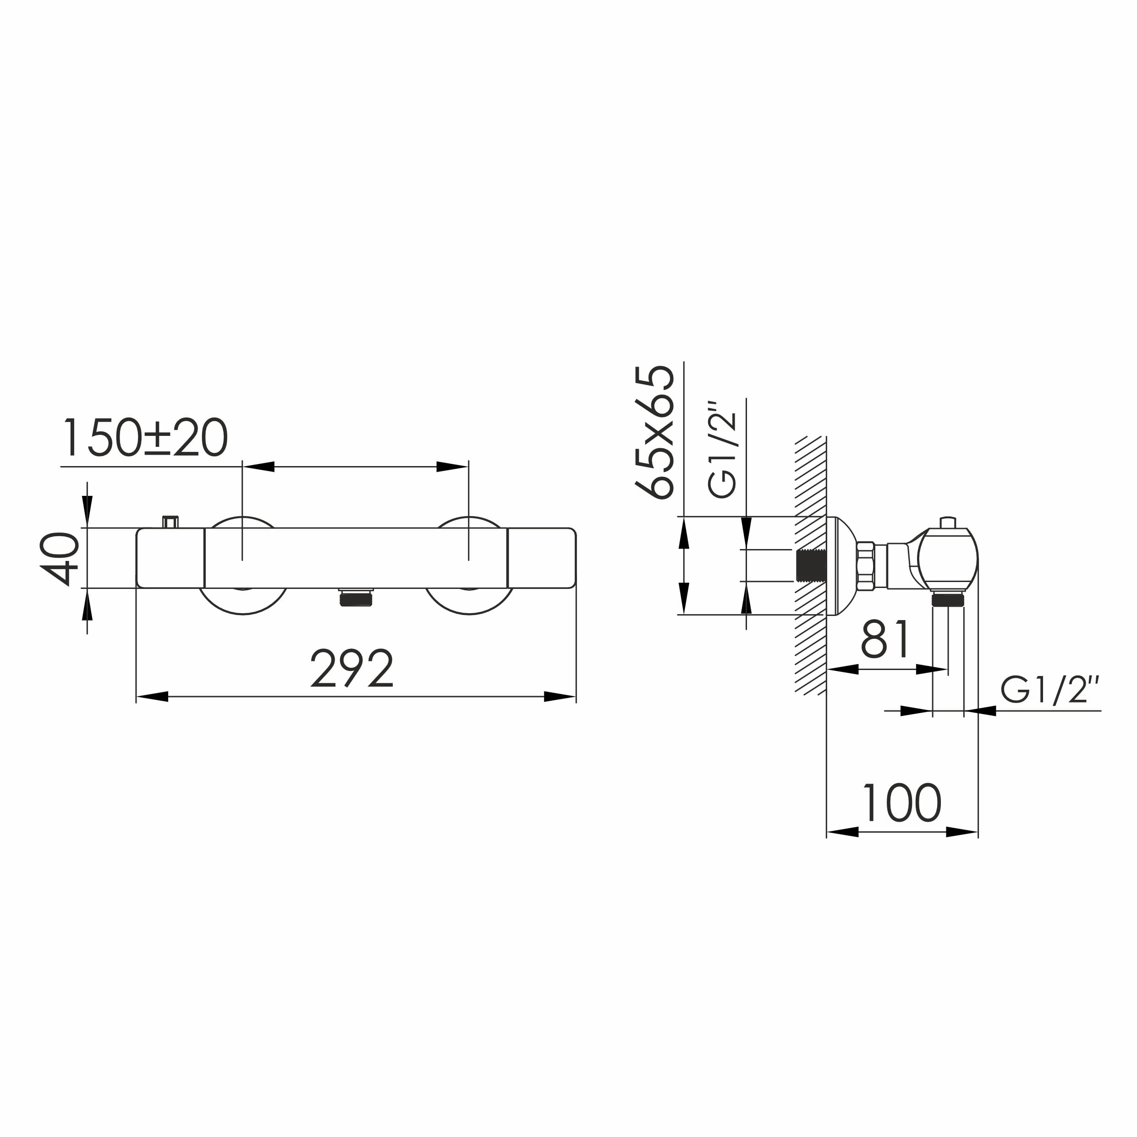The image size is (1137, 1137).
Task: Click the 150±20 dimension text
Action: (145, 438)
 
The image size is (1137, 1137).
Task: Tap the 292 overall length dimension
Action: (352, 669)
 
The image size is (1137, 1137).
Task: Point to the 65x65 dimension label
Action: (654, 432)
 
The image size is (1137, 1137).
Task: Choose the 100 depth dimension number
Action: (901, 803)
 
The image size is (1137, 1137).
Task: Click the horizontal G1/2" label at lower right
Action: (1049, 690)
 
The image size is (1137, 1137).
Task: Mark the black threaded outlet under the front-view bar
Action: (356, 599)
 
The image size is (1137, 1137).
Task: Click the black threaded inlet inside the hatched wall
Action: (810, 566)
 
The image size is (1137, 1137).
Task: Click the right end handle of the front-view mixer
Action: (541, 558)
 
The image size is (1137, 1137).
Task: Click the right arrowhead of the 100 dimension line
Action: (961, 832)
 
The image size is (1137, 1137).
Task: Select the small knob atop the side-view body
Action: (948, 522)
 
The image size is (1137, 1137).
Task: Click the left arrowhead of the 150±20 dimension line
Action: (259, 467)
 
